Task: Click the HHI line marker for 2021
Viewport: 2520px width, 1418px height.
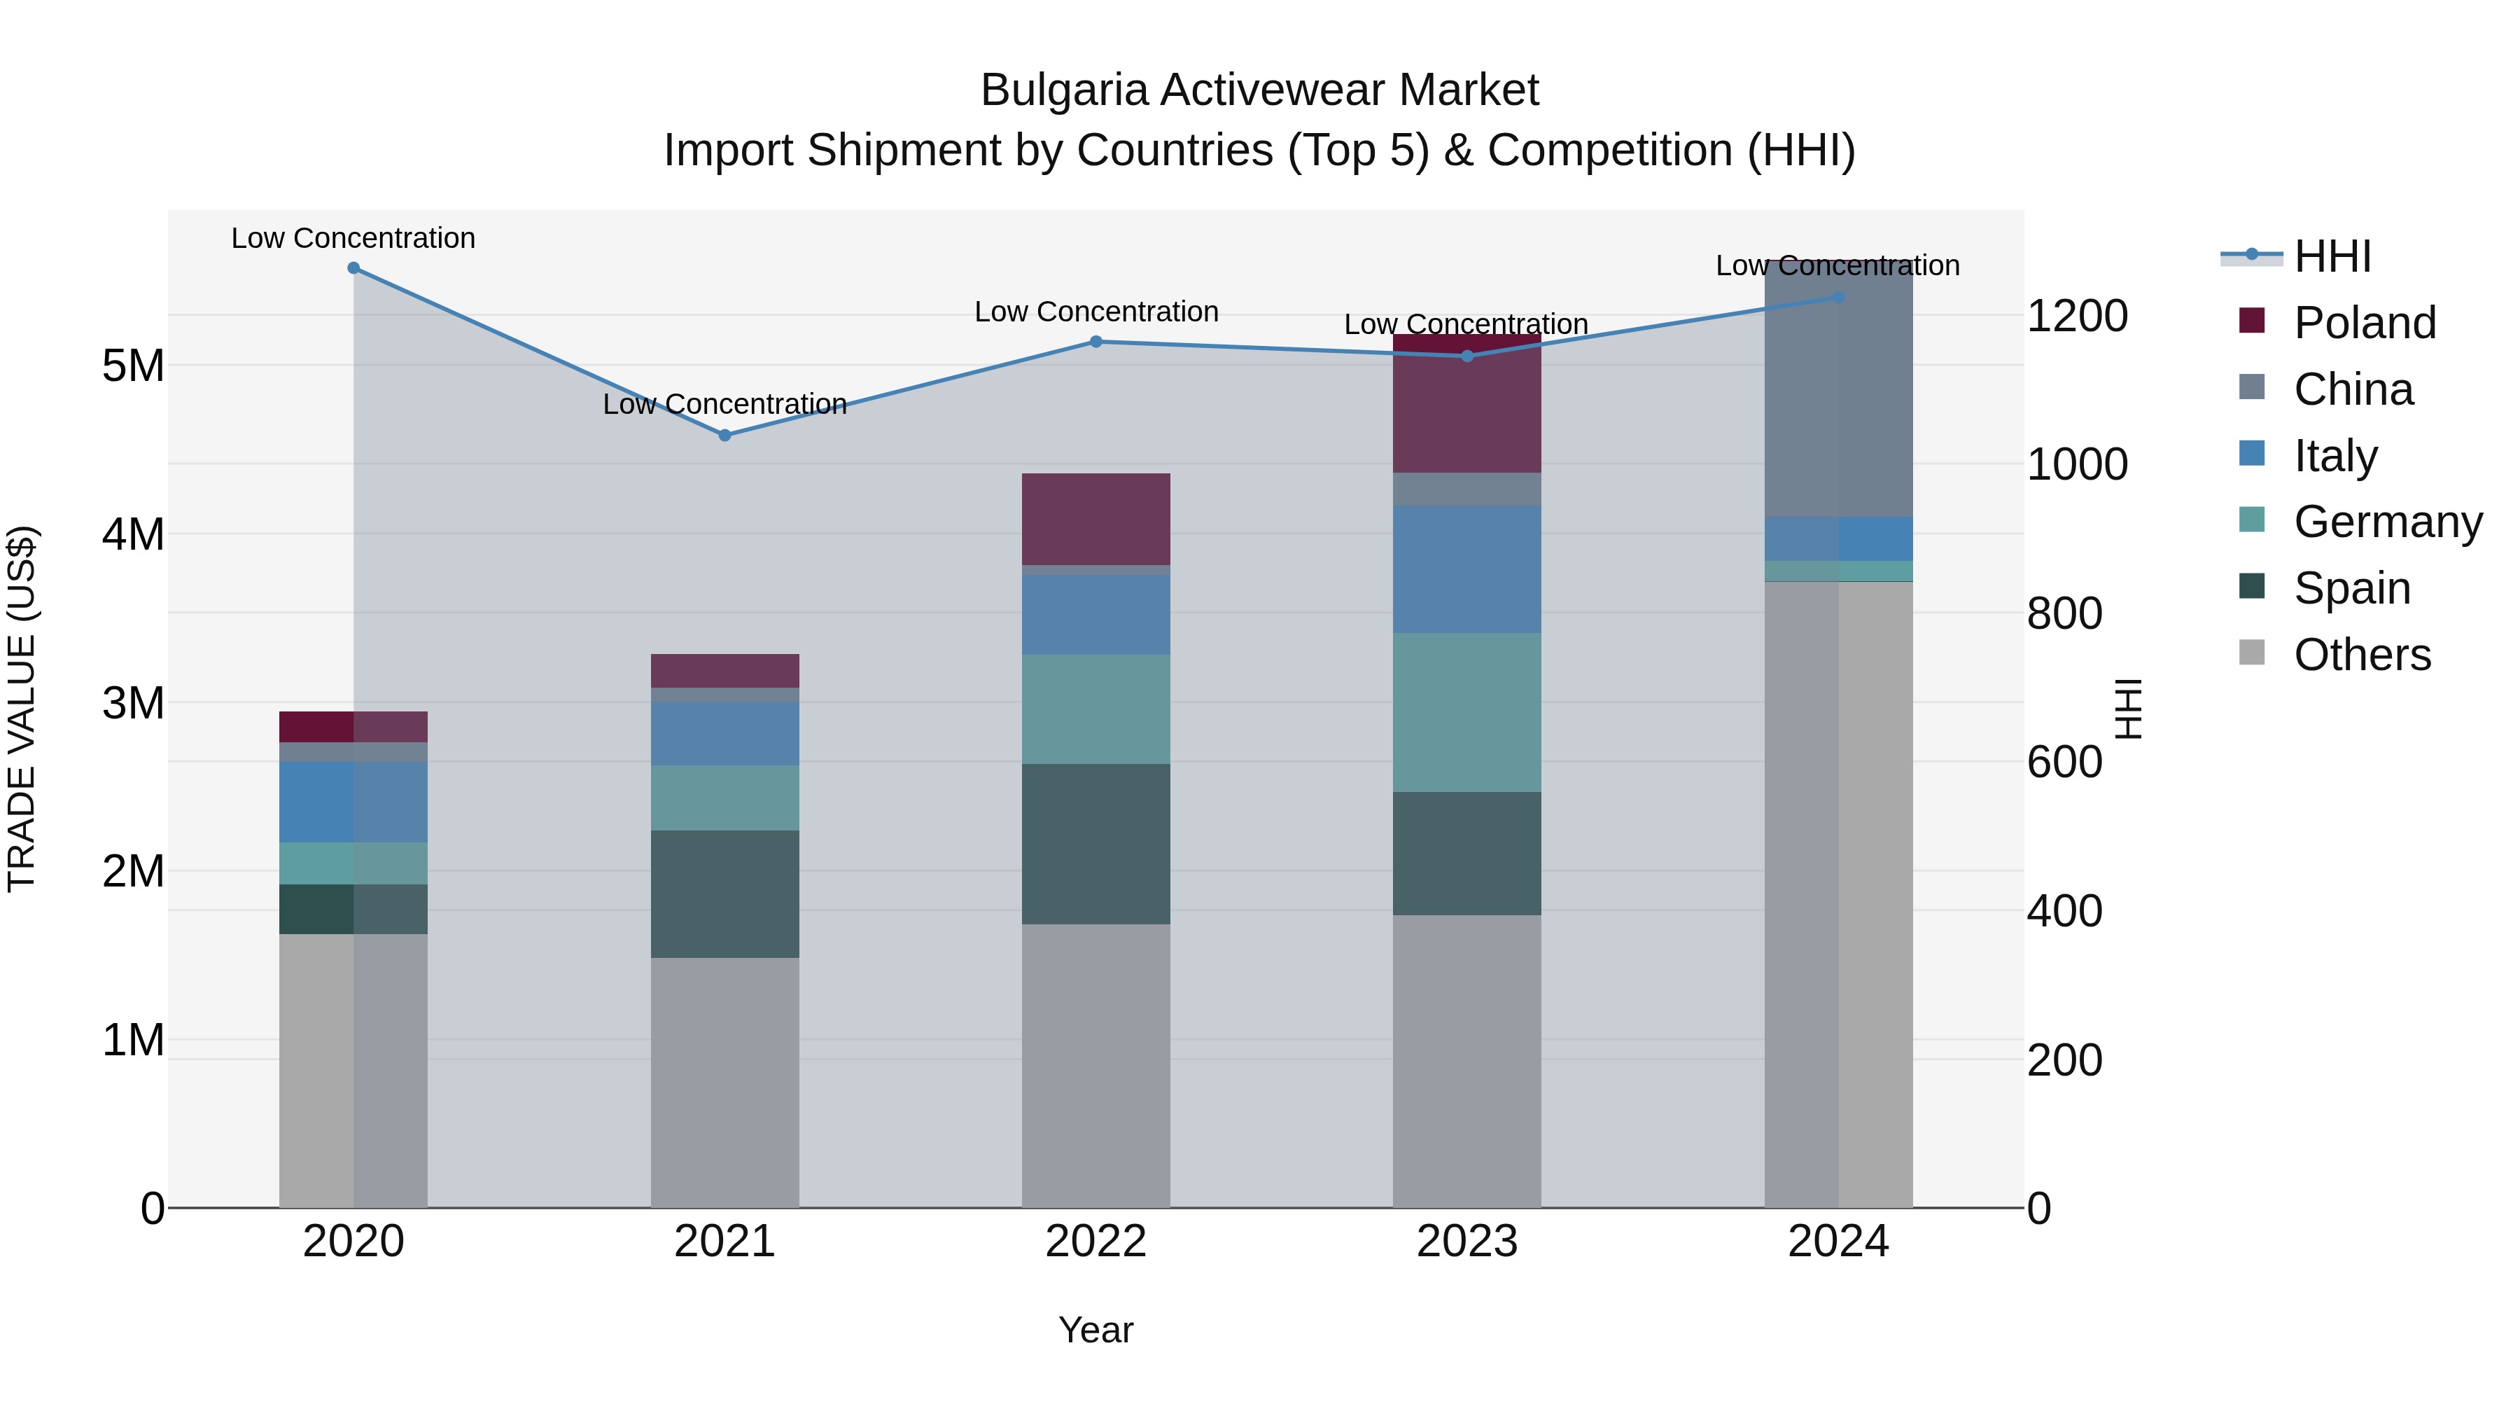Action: [725, 436]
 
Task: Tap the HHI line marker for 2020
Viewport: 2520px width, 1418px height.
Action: [353, 268]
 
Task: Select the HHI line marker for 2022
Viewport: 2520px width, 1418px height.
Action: [1095, 342]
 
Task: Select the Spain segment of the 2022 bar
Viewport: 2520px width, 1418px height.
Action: [1095, 844]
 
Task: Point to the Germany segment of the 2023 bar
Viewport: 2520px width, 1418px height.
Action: [1466, 712]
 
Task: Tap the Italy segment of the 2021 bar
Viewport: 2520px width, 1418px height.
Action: [725, 733]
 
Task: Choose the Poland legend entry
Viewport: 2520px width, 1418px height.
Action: [2363, 323]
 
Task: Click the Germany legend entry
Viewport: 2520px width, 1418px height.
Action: [2387, 522]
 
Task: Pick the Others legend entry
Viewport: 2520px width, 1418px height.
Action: [2362, 655]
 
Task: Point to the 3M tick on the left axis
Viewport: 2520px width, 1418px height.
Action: [133, 702]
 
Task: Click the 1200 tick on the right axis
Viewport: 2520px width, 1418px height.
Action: [2077, 316]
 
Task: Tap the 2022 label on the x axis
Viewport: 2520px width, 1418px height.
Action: [1095, 1242]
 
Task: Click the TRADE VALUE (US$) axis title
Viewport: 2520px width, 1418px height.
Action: [22, 709]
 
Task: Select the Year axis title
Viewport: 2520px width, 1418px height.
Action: [1095, 1330]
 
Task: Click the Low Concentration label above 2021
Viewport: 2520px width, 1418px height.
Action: [725, 404]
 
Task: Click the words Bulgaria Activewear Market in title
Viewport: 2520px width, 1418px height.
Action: [1259, 90]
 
